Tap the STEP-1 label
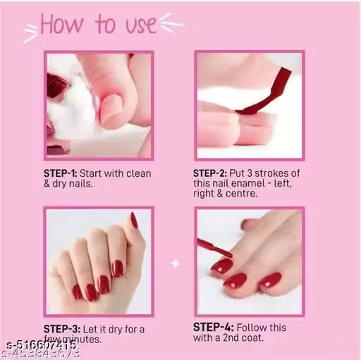61,173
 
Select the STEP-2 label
210,173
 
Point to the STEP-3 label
61,328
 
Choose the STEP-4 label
210,328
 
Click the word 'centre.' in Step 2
248,194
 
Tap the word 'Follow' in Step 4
247,328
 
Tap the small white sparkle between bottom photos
175,263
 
